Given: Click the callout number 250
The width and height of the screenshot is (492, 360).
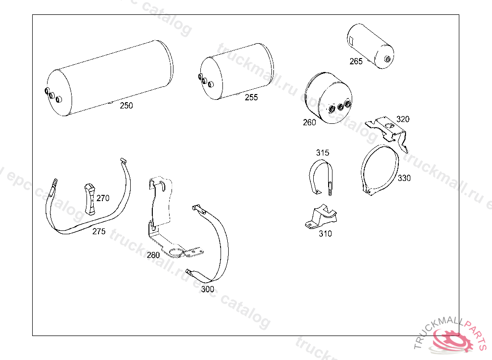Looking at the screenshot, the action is pyautogui.click(x=126, y=106).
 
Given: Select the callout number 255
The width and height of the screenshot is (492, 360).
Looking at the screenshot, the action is pyautogui.click(x=251, y=97).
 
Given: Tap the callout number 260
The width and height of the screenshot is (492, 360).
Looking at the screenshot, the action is pyautogui.click(x=309, y=122).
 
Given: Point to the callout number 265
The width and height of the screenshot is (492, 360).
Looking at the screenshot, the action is pyautogui.click(x=356, y=61).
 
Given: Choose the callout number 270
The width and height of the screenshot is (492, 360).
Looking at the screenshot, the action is pyautogui.click(x=103, y=198).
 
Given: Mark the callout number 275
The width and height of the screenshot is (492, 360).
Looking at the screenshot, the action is pyautogui.click(x=98, y=231).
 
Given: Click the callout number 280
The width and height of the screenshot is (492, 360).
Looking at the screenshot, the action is pyautogui.click(x=153, y=255).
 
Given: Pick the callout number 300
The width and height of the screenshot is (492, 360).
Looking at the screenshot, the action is pyautogui.click(x=208, y=289).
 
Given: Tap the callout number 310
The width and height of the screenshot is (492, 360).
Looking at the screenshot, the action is pyautogui.click(x=325, y=234).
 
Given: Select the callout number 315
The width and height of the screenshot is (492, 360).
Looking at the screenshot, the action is pyautogui.click(x=322, y=153).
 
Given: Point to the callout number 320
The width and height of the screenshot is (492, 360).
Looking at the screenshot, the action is pyautogui.click(x=403, y=119).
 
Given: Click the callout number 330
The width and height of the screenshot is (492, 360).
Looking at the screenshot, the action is pyautogui.click(x=404, y=178).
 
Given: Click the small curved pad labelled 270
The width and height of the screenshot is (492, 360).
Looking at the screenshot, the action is pyautogui.click(x=90, y=200).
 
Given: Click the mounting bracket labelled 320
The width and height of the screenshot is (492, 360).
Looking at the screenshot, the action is pyautogui.click(x=389, y=130).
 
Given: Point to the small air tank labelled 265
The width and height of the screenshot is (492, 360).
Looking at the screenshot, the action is pyautogui.click(x=370, y=46).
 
